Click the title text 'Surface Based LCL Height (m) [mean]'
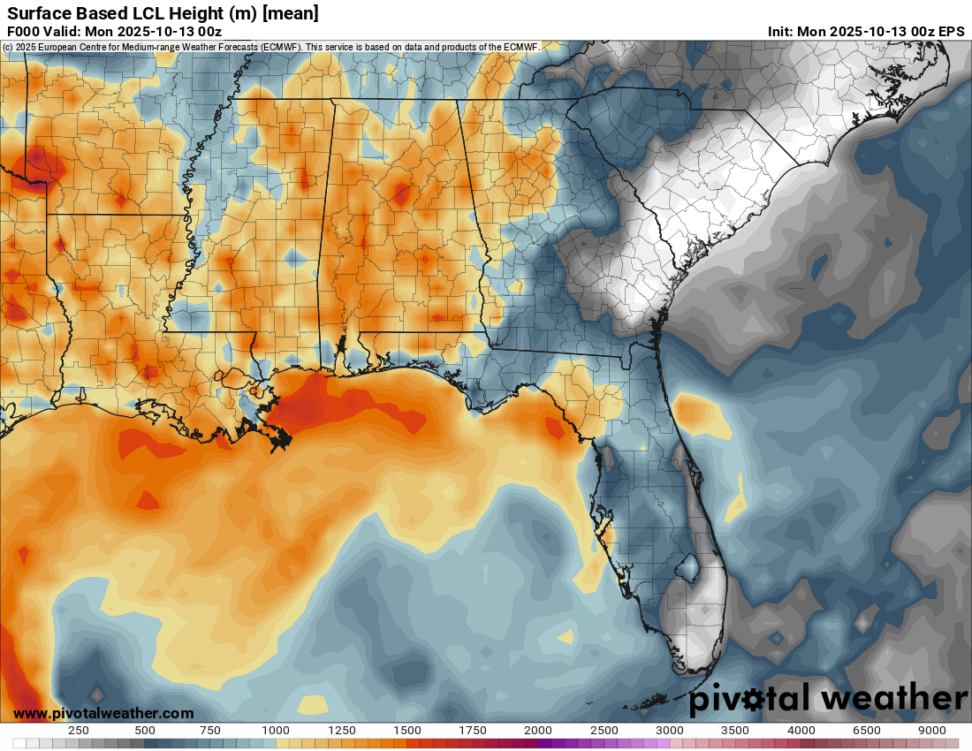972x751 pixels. pyautogui.click(x=163, y=13)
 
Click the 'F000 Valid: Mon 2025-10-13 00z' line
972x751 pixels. pyautogui.click(x=114, y=31)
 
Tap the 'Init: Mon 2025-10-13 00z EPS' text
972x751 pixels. pyautogui.click(x=866, y=31)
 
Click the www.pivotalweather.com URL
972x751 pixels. pyautogui.click(x=103, y=713)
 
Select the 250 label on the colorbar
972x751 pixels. pyautogui.click(x=79, y=731)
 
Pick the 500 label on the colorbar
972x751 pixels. pyautogui.click(x=145, y=731)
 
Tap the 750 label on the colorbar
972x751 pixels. pyautogui.click(x=210, y=731)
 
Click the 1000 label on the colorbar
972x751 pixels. pyautogui.click(x=276, y=731)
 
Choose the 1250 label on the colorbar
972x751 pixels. pyautogui.click(x=342, y=731)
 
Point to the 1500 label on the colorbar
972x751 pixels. pyautogui.click(x=407, y=731)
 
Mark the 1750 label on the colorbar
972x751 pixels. pyautogui.click(x=473, y=731)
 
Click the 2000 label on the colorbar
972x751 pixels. pyautogui.click(x=538, y=731)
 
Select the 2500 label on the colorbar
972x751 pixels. pyautogui.click(x=604, y=731)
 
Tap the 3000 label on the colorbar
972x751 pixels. pyautogui.click(x=670, y=731)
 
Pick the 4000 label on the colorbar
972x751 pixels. pyautogui.click(x=801, y=731)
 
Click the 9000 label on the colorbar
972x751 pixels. pyautogui.click(x=932, y=731)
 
